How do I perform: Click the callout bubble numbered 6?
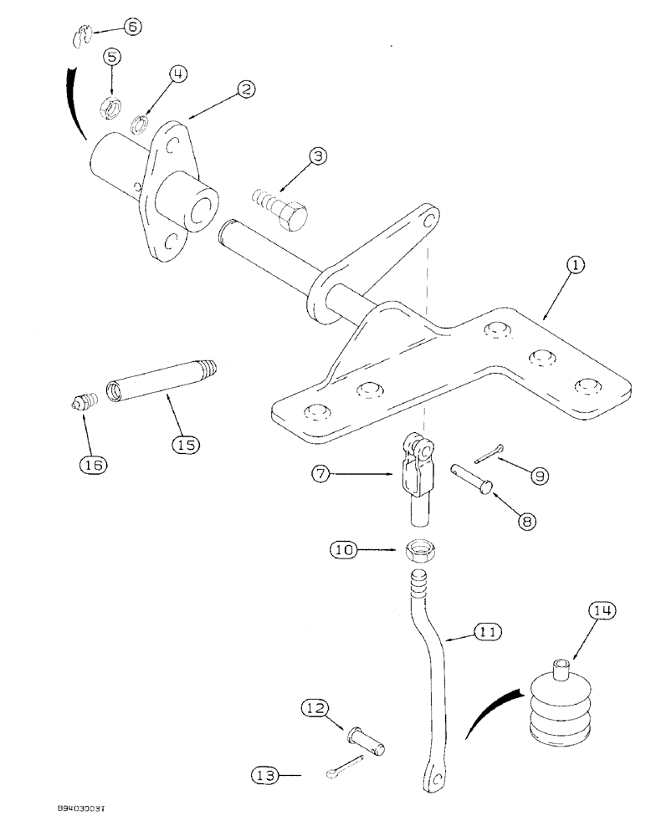point(133,26)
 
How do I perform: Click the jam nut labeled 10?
point(418,553)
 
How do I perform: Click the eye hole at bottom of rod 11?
point(433,777)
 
